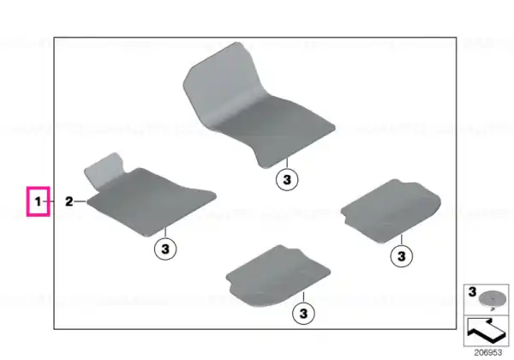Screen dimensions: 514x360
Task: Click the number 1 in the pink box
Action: point(38,201)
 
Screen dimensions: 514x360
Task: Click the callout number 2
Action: point(69,201)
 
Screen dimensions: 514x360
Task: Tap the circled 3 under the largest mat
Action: point(287,180)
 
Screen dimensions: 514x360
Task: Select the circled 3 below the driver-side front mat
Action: point(165,249)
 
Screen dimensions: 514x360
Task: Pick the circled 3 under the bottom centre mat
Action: point(303,313)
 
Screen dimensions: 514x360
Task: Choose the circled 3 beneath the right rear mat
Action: point(402,255)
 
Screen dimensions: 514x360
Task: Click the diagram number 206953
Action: point(488,353)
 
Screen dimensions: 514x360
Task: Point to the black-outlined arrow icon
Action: point(486,330)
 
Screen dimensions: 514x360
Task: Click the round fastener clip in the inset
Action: point(490,299)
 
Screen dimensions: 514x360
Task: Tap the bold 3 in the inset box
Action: point(472,291)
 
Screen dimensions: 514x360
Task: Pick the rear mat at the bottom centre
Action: point(278,276)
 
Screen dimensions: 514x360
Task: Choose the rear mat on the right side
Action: point(391,211)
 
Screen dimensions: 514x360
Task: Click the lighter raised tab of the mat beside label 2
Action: point(105,170)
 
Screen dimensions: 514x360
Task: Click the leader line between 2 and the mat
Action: point(80,201)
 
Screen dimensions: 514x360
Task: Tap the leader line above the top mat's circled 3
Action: point(287,163)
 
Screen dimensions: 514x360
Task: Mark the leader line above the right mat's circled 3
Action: point(401,240)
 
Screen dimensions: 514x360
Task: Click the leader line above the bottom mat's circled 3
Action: point(303,297)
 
